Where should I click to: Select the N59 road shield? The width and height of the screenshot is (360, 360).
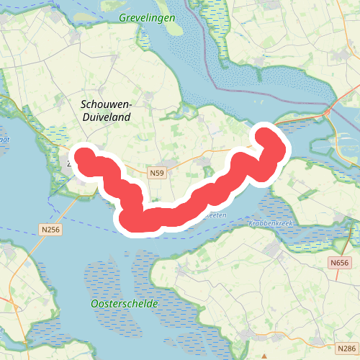[158, 174]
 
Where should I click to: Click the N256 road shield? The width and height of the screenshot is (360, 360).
[50, 230]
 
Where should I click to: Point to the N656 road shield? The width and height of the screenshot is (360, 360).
[340, 264]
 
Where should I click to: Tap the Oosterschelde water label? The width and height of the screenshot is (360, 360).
[125, 305]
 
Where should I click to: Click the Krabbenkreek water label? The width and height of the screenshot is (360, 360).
[271, 223]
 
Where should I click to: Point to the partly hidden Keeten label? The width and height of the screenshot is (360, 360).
[217, 215]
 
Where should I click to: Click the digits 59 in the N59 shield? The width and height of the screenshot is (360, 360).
[161, 174]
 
